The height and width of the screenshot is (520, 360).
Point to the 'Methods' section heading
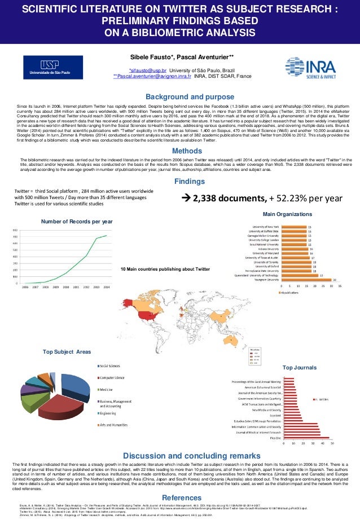(x=180, y=135)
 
